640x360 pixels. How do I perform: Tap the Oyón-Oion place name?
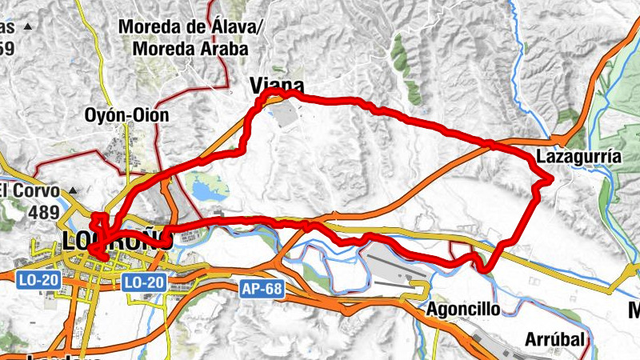(x=126, y=115)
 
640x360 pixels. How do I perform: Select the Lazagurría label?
(x=578, y=157)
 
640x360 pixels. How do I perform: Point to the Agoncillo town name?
(x=463, y=309)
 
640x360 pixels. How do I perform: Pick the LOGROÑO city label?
(x=117, y=239)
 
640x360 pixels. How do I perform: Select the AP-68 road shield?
(x=262, y=289)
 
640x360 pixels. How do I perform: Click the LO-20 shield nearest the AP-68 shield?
(x=145, y=282)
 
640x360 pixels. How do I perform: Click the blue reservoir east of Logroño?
(x=210, y=191)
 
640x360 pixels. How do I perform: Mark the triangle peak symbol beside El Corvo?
(x=72, y=191)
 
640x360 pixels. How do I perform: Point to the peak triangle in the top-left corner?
(x=29, y=26)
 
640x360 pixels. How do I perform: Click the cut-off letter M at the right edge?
(x=634, y=310)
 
